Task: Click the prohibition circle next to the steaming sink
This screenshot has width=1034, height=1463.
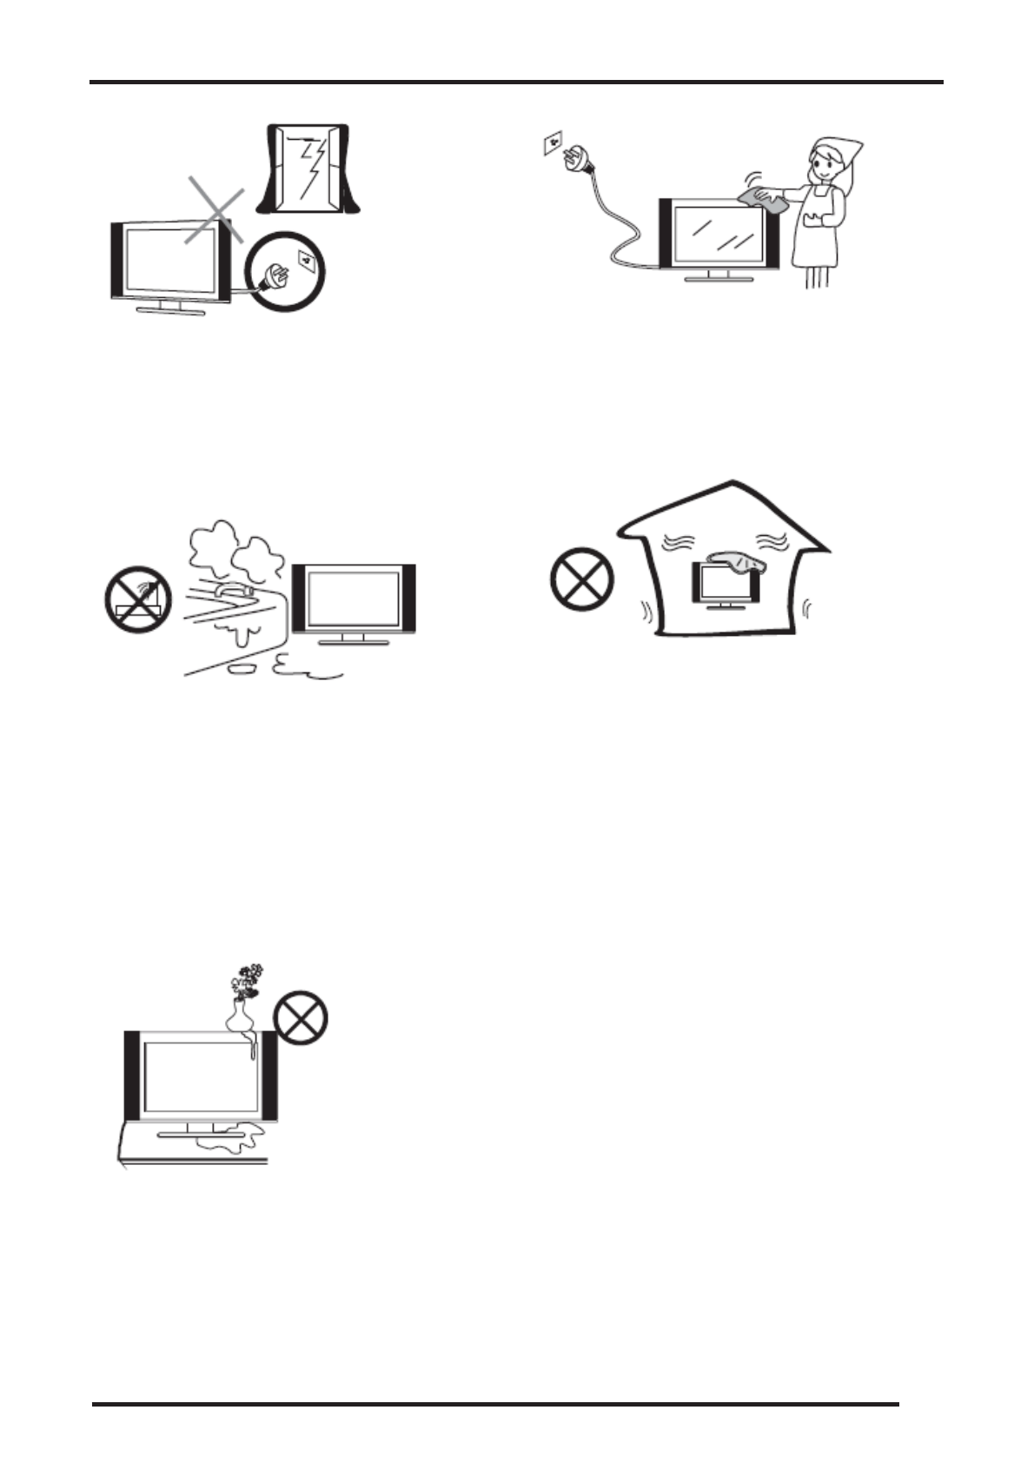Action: [137, 599]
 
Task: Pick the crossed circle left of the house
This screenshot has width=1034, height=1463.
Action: [581, 579]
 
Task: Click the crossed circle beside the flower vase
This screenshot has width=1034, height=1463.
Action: [301, 1019]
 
